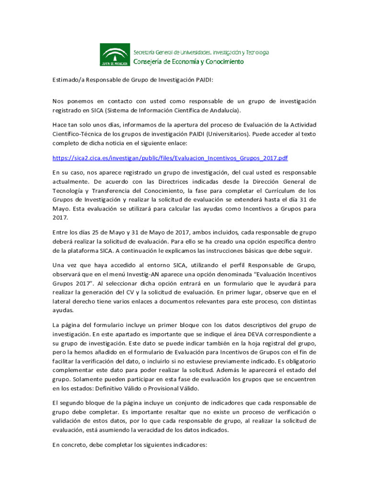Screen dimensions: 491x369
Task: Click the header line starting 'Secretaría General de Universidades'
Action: [x=201, y=52]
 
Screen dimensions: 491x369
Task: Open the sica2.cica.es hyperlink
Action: [x=170, y=157]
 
